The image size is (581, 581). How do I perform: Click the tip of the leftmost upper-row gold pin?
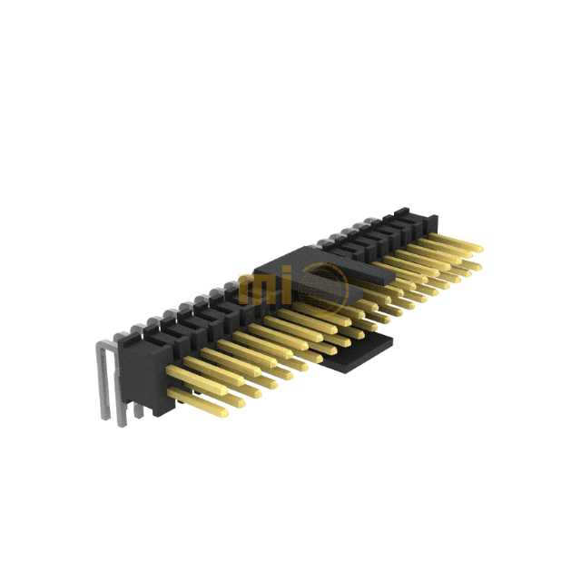(x=169, y=371)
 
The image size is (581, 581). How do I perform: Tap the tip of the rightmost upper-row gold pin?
(x=478, y=246)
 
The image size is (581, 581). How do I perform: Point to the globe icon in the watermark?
(x=326, y=287)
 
